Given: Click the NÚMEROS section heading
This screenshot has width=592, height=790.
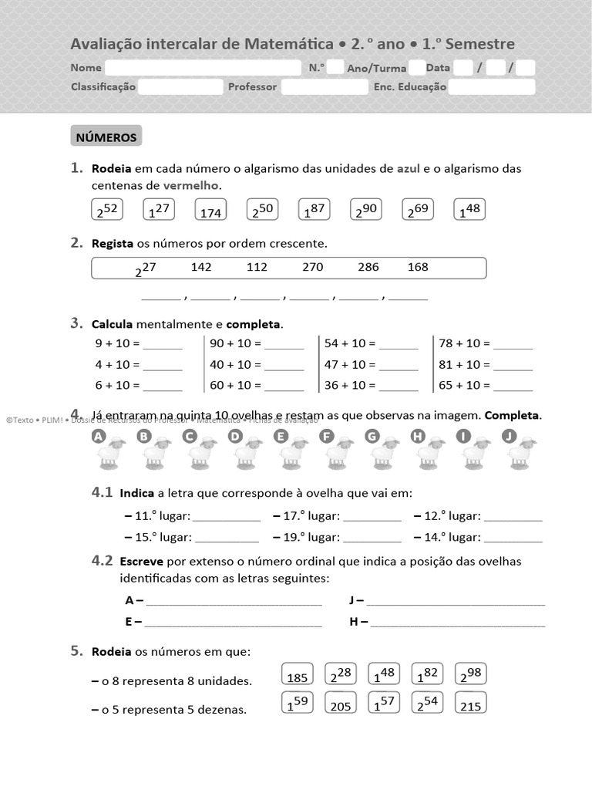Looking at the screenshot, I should click(x=106, y=137).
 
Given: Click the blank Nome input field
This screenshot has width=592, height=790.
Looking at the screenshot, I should click(x=203, y=68).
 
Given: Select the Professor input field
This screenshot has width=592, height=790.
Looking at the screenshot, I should click(x=325, y=86).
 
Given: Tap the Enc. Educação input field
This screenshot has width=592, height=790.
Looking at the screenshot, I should click(x=491, y=86).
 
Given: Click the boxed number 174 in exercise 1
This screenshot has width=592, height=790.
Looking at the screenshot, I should click(x=210, y=211).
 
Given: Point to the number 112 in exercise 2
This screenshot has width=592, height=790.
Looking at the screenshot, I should click(x=257, y=267).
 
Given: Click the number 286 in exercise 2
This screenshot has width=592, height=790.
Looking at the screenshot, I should click(x=368, y=267).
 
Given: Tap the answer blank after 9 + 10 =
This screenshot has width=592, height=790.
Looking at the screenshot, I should click(x=163, y=345).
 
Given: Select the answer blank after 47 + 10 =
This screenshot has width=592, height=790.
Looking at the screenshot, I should click(x=399, y=366).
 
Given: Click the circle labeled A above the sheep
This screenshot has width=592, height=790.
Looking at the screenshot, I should click(x=98, y=437).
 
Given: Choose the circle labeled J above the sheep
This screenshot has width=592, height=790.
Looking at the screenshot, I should click(x=508, y=437).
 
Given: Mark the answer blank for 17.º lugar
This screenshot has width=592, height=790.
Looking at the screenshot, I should click(x=372, y=517).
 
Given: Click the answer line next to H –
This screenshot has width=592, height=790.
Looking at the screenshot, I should click(x=458, y=623).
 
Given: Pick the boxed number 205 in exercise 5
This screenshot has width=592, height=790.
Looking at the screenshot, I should click(x=341, y=704).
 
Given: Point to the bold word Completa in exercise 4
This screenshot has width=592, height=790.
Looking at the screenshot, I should click(x=512, y=415).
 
